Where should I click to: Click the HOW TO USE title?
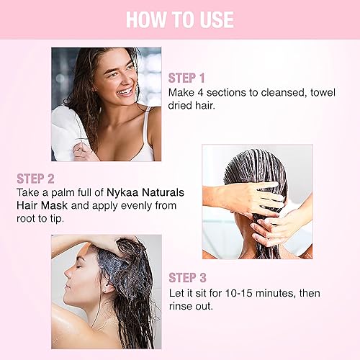(179, 19)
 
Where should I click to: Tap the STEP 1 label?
(187, 76)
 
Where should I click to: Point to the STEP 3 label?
(188, 277)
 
